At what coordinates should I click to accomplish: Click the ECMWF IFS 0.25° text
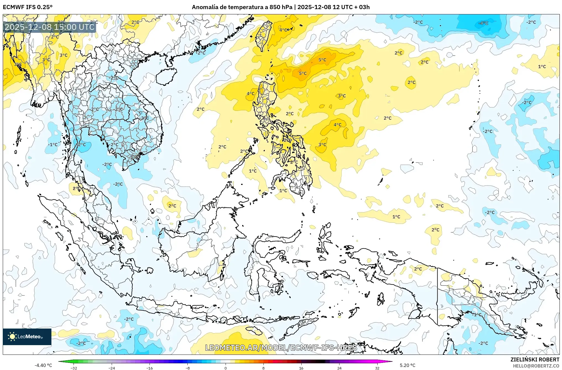coord(28,7)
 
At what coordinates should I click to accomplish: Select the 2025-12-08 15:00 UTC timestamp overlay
coord(49,27)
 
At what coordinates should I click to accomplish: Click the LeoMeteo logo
coord(27,337)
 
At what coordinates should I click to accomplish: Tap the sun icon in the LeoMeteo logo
coord(12,336)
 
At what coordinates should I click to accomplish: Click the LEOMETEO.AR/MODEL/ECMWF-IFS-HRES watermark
coord(281,348)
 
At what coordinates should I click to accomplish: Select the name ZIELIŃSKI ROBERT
coord(535,359)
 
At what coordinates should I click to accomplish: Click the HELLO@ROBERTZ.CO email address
coord(536,366)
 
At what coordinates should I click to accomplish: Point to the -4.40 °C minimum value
coord(43,365)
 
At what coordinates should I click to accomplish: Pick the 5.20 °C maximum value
coord(407,365)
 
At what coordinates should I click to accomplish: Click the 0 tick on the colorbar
coord(226,368)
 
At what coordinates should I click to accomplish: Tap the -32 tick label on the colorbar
coord(74,368)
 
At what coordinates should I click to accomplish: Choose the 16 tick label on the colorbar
coord(301,368)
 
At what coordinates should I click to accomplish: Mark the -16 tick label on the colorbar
coord(149,368)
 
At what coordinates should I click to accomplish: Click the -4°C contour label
coord(483,23)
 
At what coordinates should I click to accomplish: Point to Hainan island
coord(166,77)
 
